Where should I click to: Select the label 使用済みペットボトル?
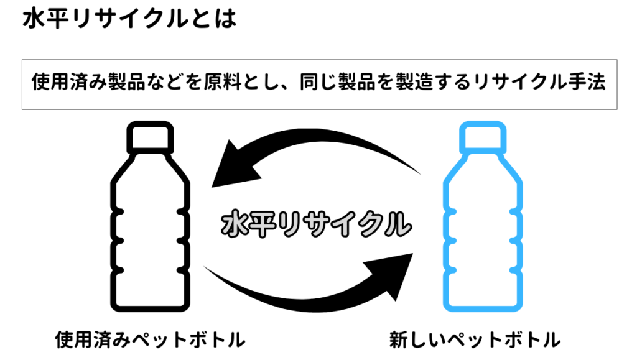point(150,340)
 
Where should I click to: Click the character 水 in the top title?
point(32,19)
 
